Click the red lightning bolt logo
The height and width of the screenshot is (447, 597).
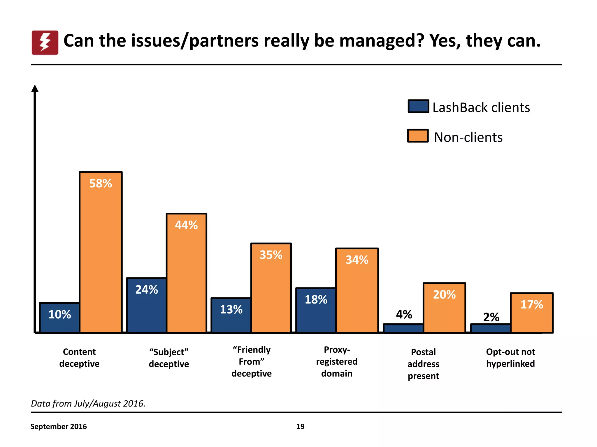coord(45,42)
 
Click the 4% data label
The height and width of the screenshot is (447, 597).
coord(404,314)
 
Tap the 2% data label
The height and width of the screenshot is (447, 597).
coord(491,317)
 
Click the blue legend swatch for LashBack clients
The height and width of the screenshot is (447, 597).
coord(418,106)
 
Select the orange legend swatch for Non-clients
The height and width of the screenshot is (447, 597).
coord(418,136)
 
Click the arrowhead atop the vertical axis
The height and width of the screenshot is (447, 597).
coord(35,88)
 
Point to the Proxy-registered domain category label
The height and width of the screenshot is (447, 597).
coord(337,361)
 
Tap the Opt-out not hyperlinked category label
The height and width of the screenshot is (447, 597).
coord(510,358)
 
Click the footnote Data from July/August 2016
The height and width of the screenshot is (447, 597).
coord(88,404)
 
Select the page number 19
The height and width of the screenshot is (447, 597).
coord(300,427)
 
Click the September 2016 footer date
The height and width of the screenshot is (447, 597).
coord(59,427)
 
